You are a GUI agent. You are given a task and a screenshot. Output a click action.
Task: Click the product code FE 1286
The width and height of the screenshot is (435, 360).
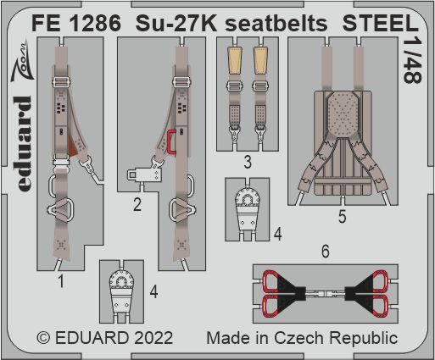tap(76, 23)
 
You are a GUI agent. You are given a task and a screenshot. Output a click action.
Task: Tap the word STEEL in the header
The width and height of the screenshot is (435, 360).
tap(380, 23)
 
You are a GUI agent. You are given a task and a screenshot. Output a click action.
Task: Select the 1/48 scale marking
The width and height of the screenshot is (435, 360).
tap(413, 60)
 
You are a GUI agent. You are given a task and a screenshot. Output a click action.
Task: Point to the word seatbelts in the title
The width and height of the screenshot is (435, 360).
tap(276, 23)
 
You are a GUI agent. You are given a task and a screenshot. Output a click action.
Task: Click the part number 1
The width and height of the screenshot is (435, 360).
tap(60, 281)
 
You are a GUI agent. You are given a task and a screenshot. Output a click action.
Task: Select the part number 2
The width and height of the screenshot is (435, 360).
tap(137, 204)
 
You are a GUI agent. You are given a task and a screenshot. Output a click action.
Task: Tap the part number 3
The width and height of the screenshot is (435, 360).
tap(248, 163)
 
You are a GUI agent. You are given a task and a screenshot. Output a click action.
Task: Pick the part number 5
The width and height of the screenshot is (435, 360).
tap(342, 217)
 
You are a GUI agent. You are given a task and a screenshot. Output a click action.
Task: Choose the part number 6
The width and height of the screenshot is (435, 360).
tap(326, 251)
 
